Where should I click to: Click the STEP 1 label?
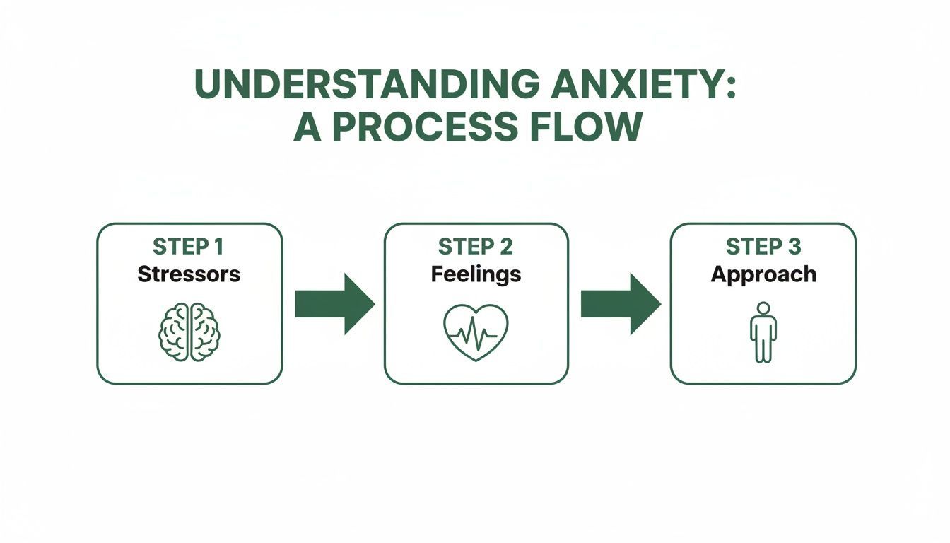[x=188, y=247]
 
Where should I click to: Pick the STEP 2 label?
[x=475, y=247]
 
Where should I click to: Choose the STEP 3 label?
[x=763, y=247]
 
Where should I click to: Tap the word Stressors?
[x=189, y=274]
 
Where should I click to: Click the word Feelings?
[x=476, y=274]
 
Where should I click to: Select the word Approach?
[x=763, y=274]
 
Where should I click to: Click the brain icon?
[x=189, y=332]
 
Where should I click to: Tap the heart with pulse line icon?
[x=476, y=332]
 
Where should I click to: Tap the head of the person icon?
[x=763, y=308]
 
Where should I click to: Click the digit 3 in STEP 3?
[x=794, y=247]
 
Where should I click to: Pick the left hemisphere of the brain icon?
[x=174, y=332]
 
